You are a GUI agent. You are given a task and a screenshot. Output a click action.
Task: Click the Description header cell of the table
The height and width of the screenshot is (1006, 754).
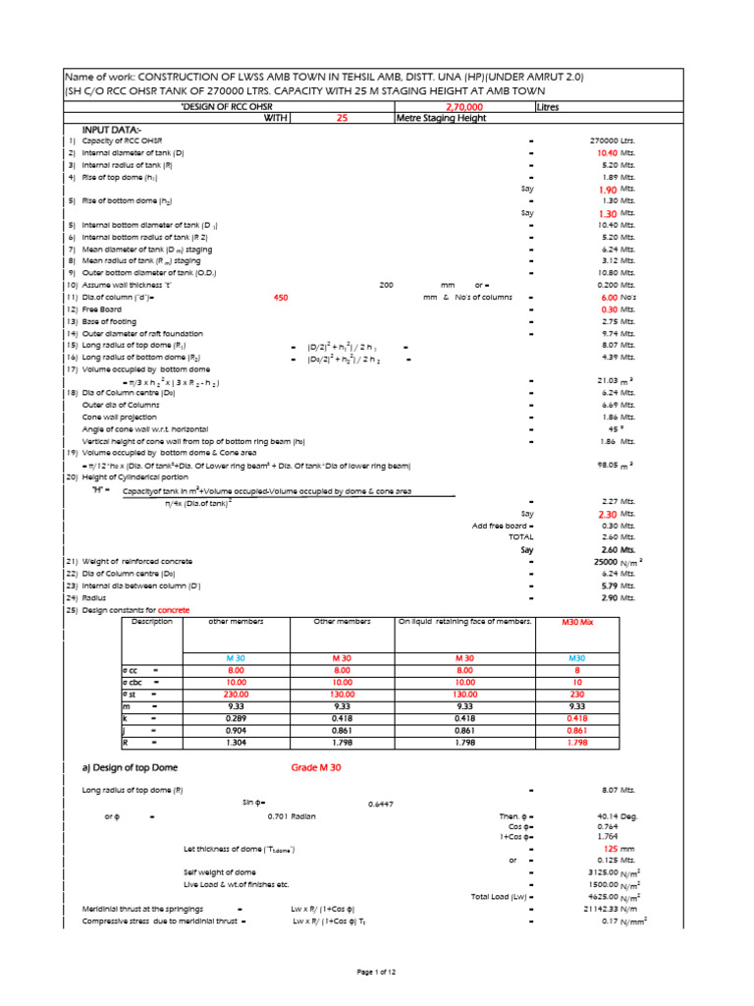coord(151,622)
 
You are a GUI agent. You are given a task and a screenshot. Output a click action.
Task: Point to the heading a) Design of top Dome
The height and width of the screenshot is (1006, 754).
coord(131,767)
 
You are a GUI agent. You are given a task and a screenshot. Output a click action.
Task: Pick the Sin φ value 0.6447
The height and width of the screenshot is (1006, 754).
coord(382,805)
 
